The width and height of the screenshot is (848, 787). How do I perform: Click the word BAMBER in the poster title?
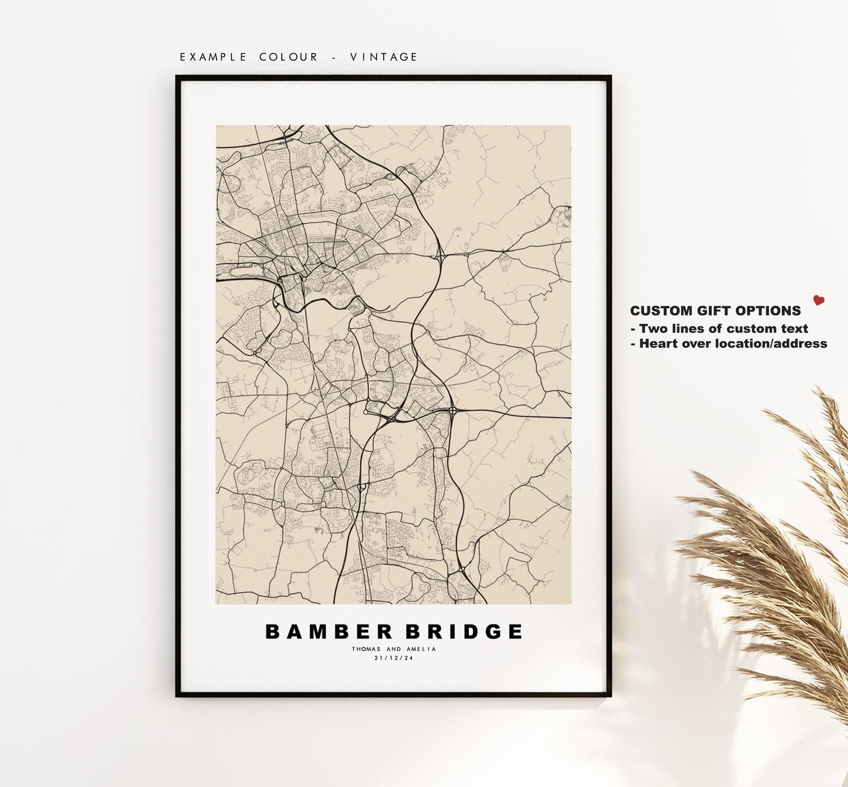(x=329, y=631)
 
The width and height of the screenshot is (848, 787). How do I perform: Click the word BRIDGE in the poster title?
(x=464, y=631)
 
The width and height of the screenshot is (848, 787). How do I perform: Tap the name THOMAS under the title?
(x=366, y=649)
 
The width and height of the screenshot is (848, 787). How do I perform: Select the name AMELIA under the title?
(x=421, y=649)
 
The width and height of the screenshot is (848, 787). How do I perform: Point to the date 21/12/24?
(x=394, y=658)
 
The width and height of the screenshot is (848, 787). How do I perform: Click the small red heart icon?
(x=819, y=300)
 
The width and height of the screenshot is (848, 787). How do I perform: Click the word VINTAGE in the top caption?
(x=384, y=57)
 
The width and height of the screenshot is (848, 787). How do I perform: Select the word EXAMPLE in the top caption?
(x=214, y=57)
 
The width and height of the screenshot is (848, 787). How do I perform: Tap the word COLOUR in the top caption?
(x=289, y=57)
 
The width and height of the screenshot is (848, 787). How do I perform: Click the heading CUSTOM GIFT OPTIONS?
(x=715, y=311)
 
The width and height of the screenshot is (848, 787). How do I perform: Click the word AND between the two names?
(x=394, y=649)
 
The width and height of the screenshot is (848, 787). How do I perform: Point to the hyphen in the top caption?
(x=334, y=57)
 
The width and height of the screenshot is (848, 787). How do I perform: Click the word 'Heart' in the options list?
(x=657, y=344)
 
